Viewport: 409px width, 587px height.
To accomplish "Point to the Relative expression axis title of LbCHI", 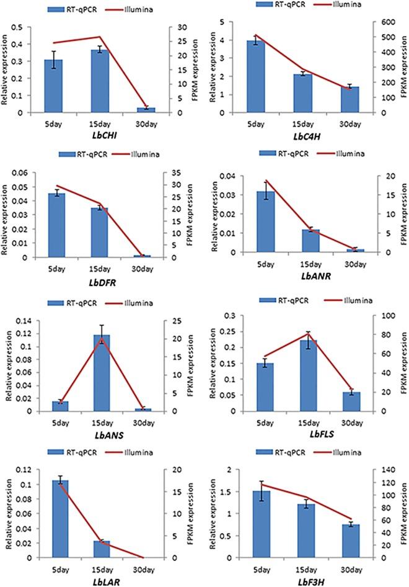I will pos(8,70).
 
